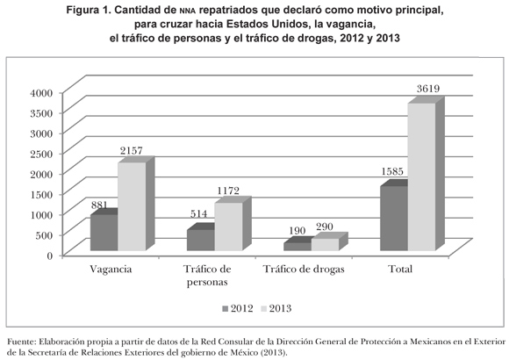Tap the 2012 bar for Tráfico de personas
pyautogui.click(x=201, y=240)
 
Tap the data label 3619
pyautogui.click(x=428, y=89)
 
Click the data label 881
pyautogui.click(x=99, y=205)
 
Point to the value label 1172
pyautogui.click(x=228, y=191)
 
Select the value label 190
pyautogui.click(x=297, y=231)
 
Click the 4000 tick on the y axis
pyautogui.click(x=41, y=93)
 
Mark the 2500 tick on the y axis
pyautogui.click(x=41, y=154)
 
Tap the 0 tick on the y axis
pyautogui.click(x=49, y=256)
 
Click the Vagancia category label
pyautogui.click(x=111, y=270)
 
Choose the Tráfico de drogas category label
pyautogui.click(x=304, y=270)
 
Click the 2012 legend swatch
pyautogui.click(x=226, y=309)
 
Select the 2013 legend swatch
pyautogui.click(x=263, y=309)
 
